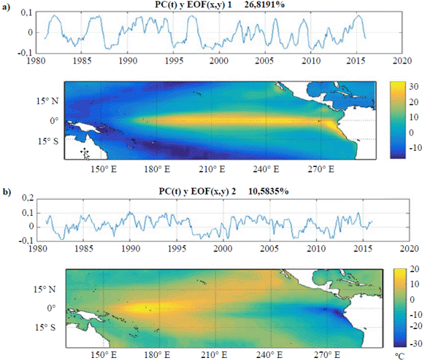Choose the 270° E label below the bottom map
tap(327, 355)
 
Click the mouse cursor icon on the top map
tap(85, 154)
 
